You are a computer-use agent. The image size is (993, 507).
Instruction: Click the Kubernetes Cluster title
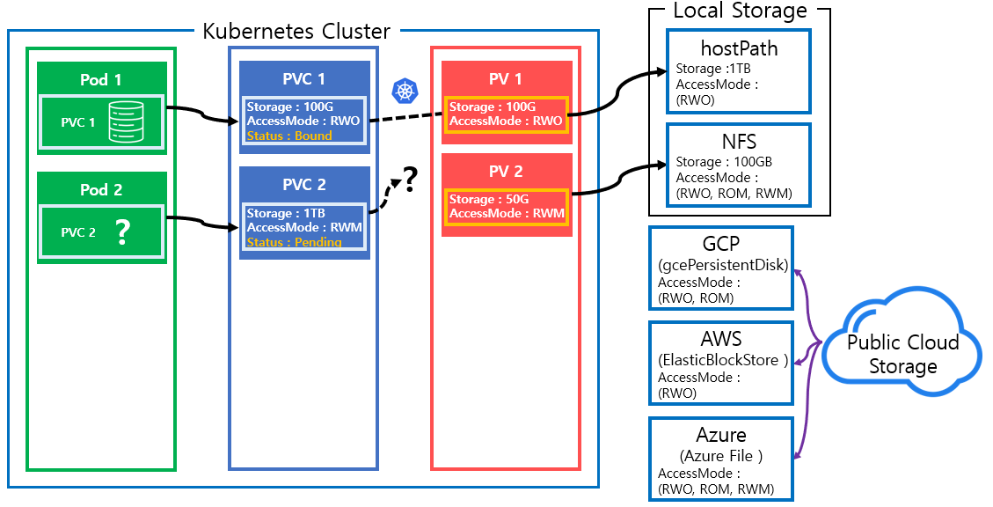click(x=297, y=32)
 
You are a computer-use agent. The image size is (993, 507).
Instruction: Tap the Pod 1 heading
click(x=101, y=79)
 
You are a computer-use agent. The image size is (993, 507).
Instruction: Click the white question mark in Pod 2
click(x=122, y=232)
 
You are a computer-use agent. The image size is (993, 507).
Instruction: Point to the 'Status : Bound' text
click(x=289, y=136)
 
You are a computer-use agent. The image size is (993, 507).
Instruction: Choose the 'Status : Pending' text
click(x=294, y=242)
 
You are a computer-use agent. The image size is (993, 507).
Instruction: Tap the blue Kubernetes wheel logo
click(x=405, y=90)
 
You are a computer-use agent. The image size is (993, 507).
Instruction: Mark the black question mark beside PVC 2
click(x=409, y=181)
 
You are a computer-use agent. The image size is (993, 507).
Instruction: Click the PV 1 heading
click(x=507, y=79)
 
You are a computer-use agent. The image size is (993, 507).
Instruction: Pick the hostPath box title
click(x=739, y=49)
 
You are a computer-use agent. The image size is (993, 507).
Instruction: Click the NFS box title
click(x=739, y=142)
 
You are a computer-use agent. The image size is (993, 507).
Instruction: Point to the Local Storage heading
click(x=740, y=11)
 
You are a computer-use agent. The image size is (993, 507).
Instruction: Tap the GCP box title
click(x=721, y=245)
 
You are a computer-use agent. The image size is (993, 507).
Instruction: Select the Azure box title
click(x=721, y=435)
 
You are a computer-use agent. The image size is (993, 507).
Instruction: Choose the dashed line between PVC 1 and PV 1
click(x=405, y=117)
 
